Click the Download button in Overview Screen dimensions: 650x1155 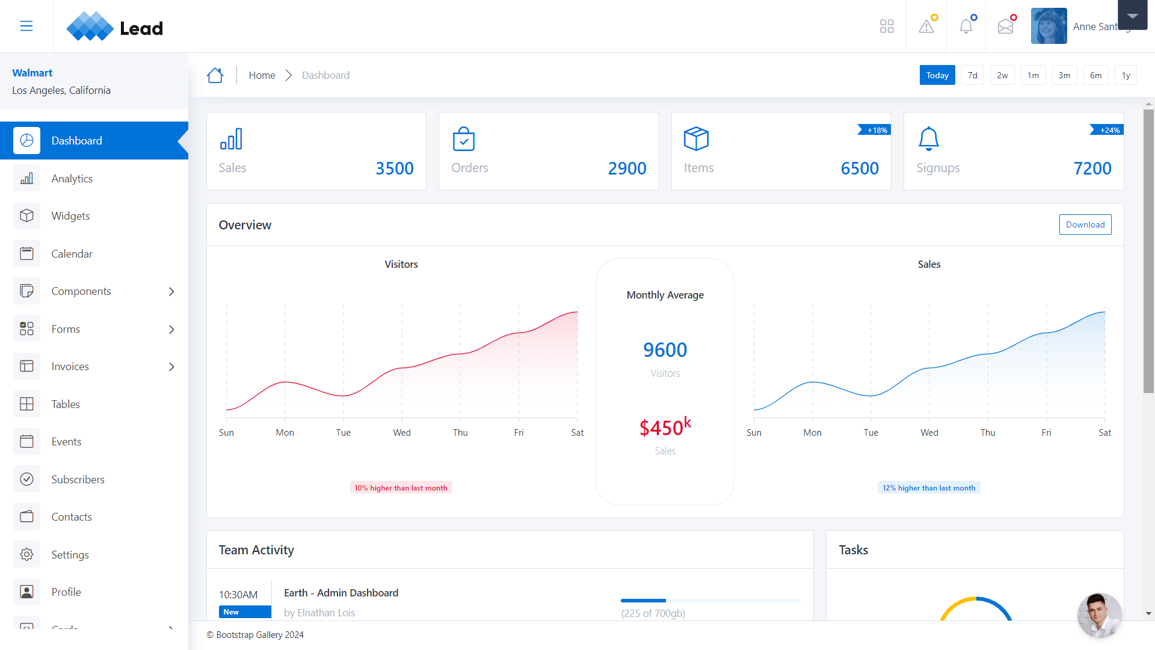[x=1085, y=224]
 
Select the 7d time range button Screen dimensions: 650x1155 [x=972, y=75]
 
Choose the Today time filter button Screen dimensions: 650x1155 [x=937, y=75]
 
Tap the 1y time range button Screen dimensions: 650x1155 [x=1126, y=75]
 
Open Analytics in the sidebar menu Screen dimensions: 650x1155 [x=72, y=179]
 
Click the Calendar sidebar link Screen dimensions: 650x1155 [x=72, y=254]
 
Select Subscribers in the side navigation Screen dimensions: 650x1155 [x=78, y=480]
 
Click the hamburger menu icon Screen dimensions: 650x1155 [x=26, y=26]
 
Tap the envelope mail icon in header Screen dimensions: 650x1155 [x=1005, y=26]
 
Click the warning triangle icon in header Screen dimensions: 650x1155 [x=926, y=26]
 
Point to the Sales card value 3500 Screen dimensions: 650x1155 [x=394, y=169]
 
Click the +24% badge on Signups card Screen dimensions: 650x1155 [x=1109, y=130]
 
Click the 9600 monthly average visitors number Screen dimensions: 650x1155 [x=665, y=350]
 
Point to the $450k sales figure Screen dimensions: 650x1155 [x=665, y=427]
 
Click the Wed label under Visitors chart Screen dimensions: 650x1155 [x=402, y=433]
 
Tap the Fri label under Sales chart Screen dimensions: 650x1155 [x=1046, y=433]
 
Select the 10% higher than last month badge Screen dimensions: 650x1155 [x=401, y=488]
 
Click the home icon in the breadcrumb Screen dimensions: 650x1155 [x=215, y=75]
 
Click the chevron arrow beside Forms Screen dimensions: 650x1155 [x=171, y=329]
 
